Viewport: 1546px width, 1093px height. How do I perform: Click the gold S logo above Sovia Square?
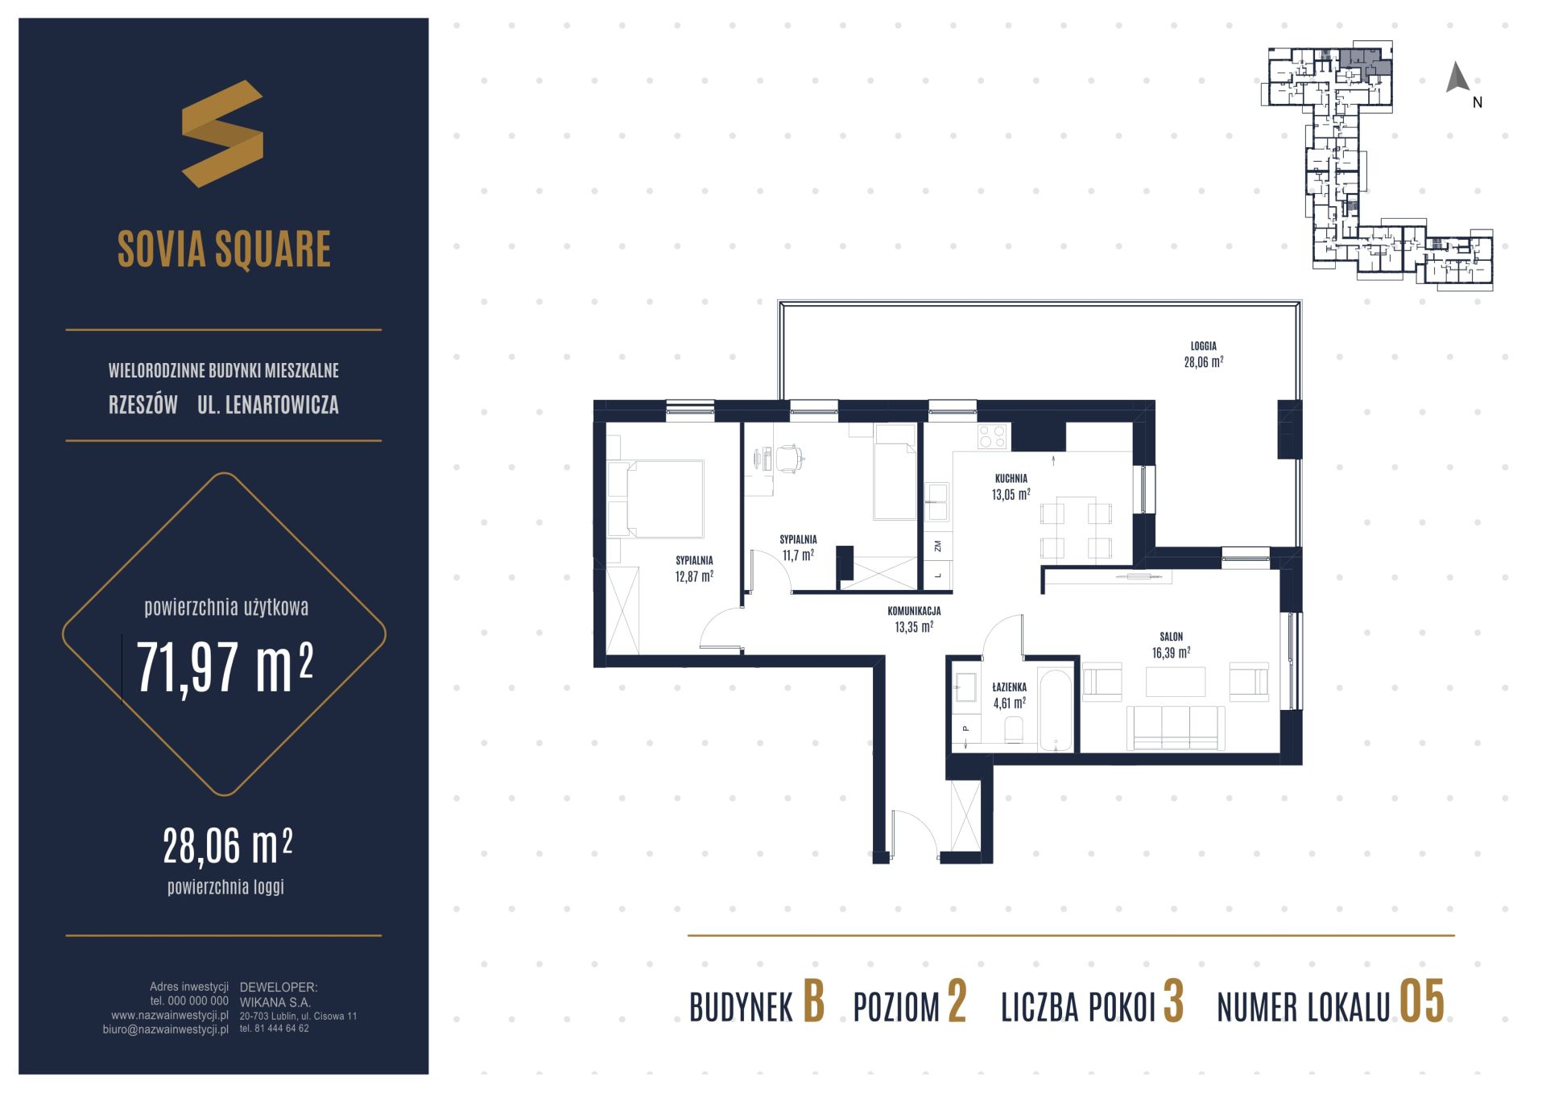222,134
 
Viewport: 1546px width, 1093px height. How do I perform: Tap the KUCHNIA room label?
1011,478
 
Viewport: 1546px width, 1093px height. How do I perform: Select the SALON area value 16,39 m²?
1171,653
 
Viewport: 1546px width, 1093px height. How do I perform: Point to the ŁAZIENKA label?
1009,687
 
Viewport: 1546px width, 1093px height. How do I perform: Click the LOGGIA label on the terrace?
1204,346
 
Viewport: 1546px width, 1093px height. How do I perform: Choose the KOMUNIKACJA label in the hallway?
914,611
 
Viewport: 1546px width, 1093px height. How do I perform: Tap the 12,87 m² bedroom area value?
694,576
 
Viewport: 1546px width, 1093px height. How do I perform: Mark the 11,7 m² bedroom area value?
798,555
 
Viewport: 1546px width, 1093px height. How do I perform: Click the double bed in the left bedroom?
655,498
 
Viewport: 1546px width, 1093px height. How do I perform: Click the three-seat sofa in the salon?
1176,728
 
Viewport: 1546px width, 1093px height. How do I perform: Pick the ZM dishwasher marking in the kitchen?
937,546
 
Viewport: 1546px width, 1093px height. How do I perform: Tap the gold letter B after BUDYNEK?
814,1003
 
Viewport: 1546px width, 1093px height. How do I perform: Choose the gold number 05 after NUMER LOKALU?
1422,1003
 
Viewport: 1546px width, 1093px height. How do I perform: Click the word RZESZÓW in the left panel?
143,405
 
